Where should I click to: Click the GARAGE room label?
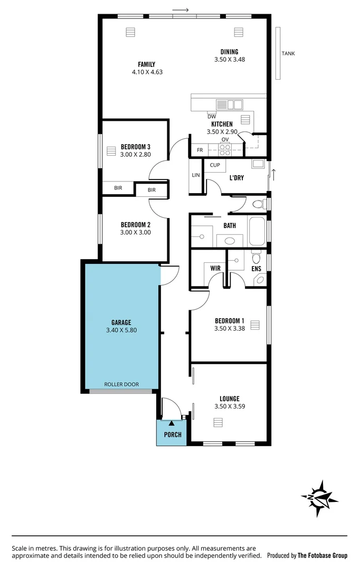(121, 322)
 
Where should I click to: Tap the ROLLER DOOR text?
(121, 384)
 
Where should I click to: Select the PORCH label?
(172, 434)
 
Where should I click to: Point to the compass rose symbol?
(319, 498)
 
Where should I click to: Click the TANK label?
(288, 53)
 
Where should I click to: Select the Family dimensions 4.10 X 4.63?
(147, 72)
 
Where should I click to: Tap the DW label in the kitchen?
(212, 117)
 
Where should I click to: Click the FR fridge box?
(200, 150)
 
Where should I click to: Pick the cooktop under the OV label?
(225, 149)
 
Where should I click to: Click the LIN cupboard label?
(196, 175)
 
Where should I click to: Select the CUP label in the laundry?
(215, 165)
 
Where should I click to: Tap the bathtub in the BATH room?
(257, 231)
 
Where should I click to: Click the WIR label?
(215, 268)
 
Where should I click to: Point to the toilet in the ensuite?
(256, 259)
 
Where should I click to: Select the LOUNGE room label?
(230, 398)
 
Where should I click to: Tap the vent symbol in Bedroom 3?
(111, 151)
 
